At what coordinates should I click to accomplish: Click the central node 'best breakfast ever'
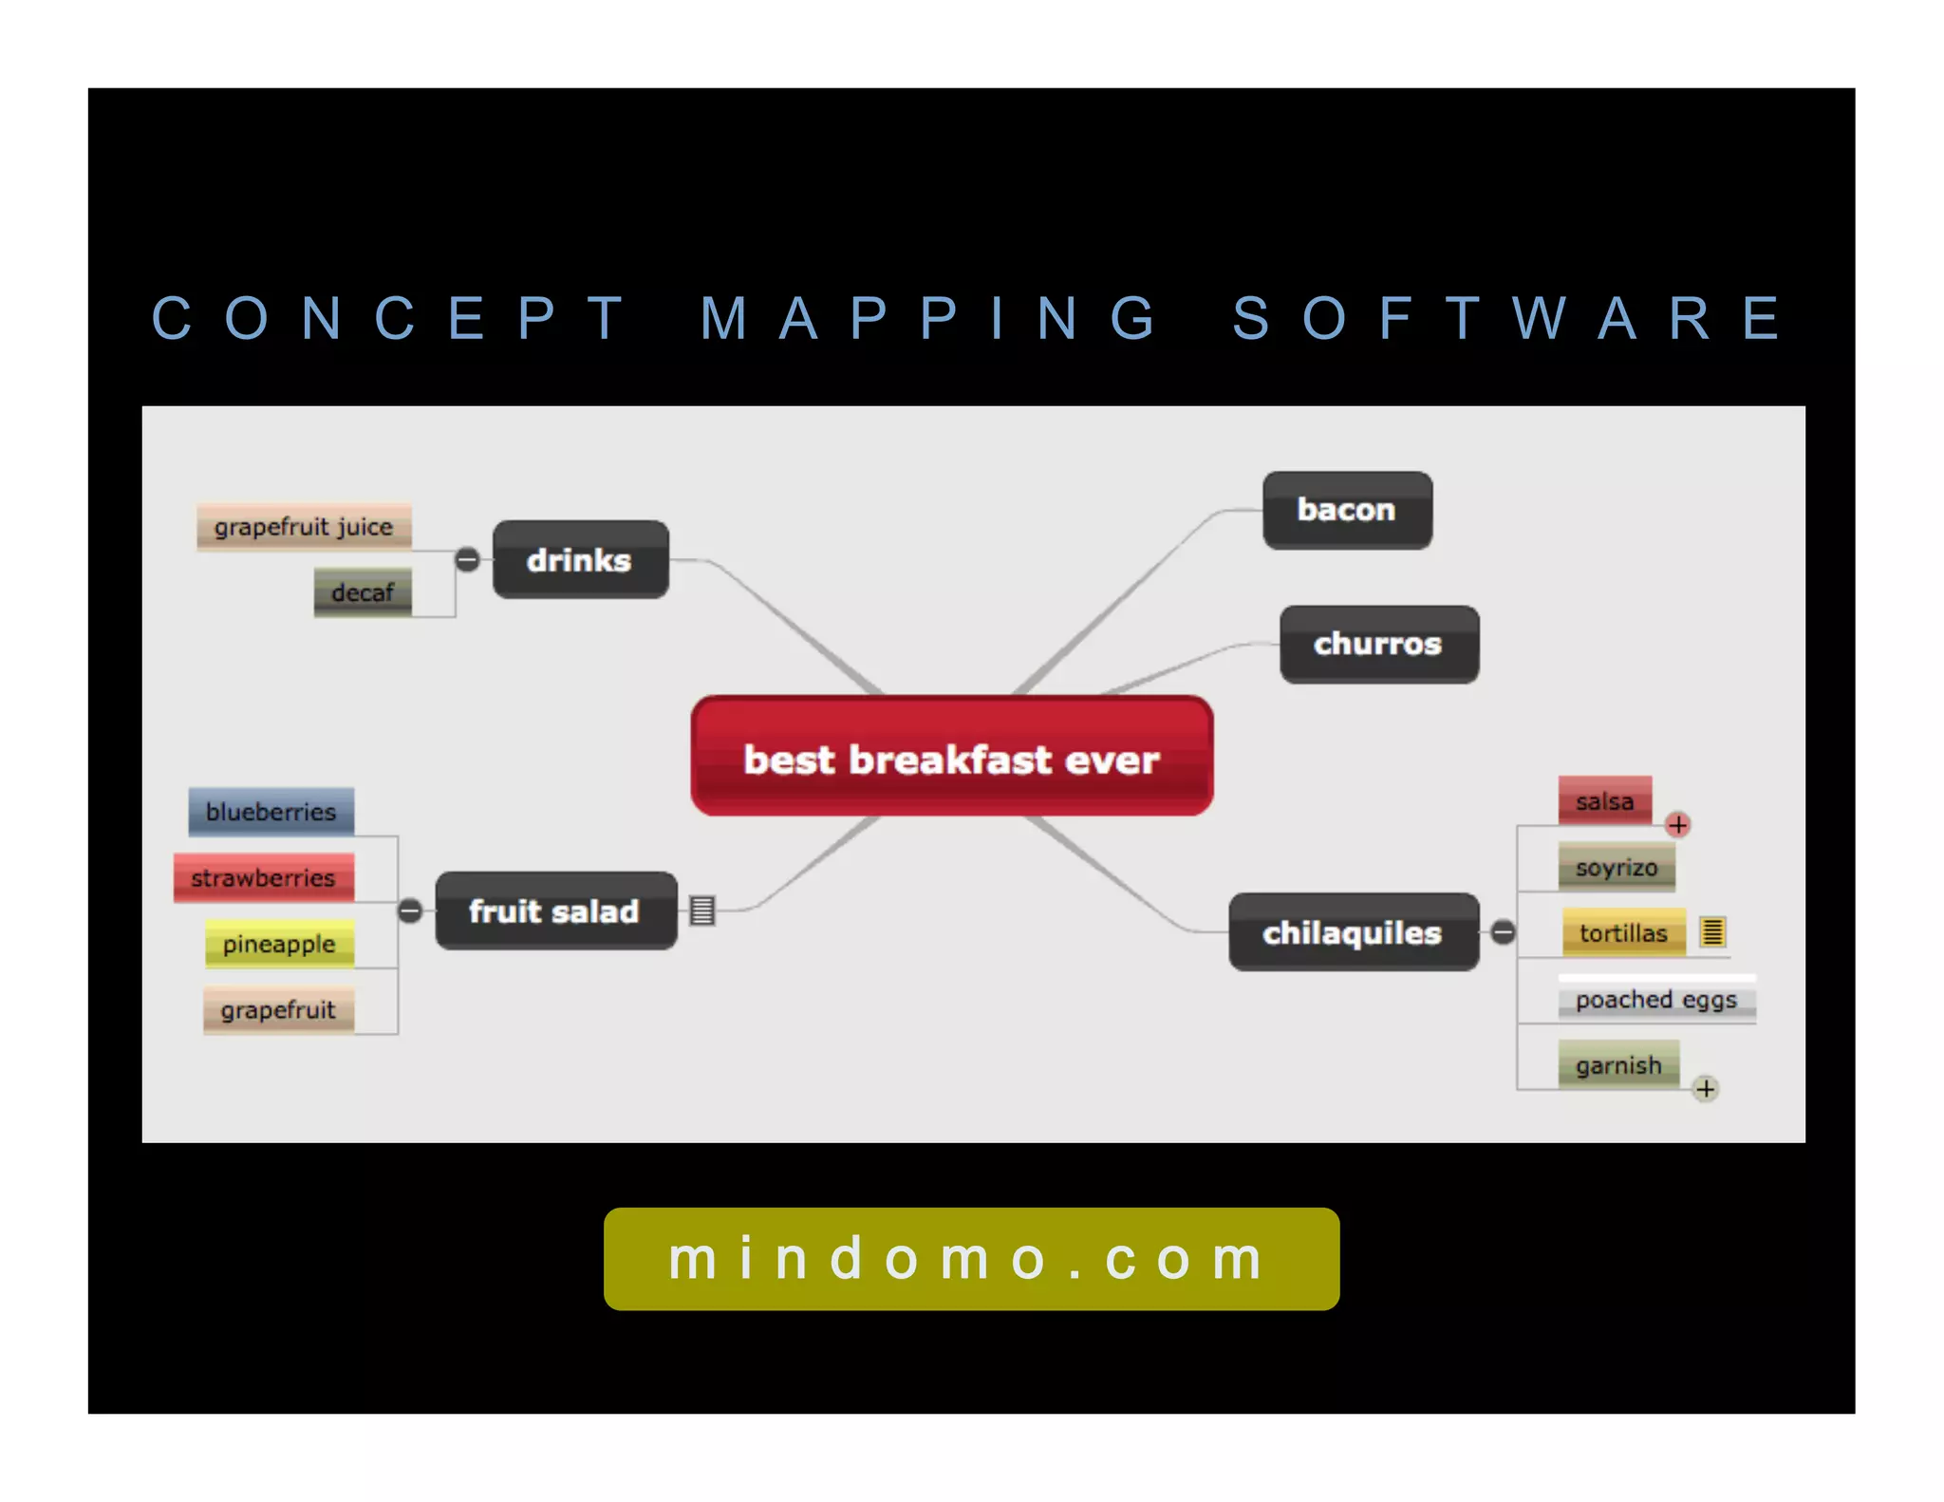tap(951, 757)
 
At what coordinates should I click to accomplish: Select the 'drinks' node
tap(580, 559)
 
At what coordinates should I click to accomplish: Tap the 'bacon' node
tap(1346, 510)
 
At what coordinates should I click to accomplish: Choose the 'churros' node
tap(1378, 644)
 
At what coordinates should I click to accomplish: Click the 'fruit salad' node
tap(555, 911)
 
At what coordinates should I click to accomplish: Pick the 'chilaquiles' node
tap(1353, 932)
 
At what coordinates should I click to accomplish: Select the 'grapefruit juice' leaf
tap(304, 527)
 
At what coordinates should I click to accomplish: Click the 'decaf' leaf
tap(363, 592)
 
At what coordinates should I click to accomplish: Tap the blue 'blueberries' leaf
tap(271, 812)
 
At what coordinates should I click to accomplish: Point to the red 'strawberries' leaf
tap(264, 877)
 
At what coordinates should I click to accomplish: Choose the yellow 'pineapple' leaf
tap(279, 944)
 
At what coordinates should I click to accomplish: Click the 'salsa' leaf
tap(1604, 801)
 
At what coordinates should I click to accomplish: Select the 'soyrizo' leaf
tap(1616, 867)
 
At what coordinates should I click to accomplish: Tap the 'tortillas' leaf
tap(1623, 932)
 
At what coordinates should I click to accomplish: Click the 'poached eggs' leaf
tap(1655, 999)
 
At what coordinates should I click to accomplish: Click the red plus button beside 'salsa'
tap(1677, 824)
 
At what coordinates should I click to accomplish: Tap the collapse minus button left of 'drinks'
tap(467, 559)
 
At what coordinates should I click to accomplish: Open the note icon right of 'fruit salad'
tap(702, 911)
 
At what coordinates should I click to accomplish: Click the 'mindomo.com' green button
tap(971, 1259)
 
